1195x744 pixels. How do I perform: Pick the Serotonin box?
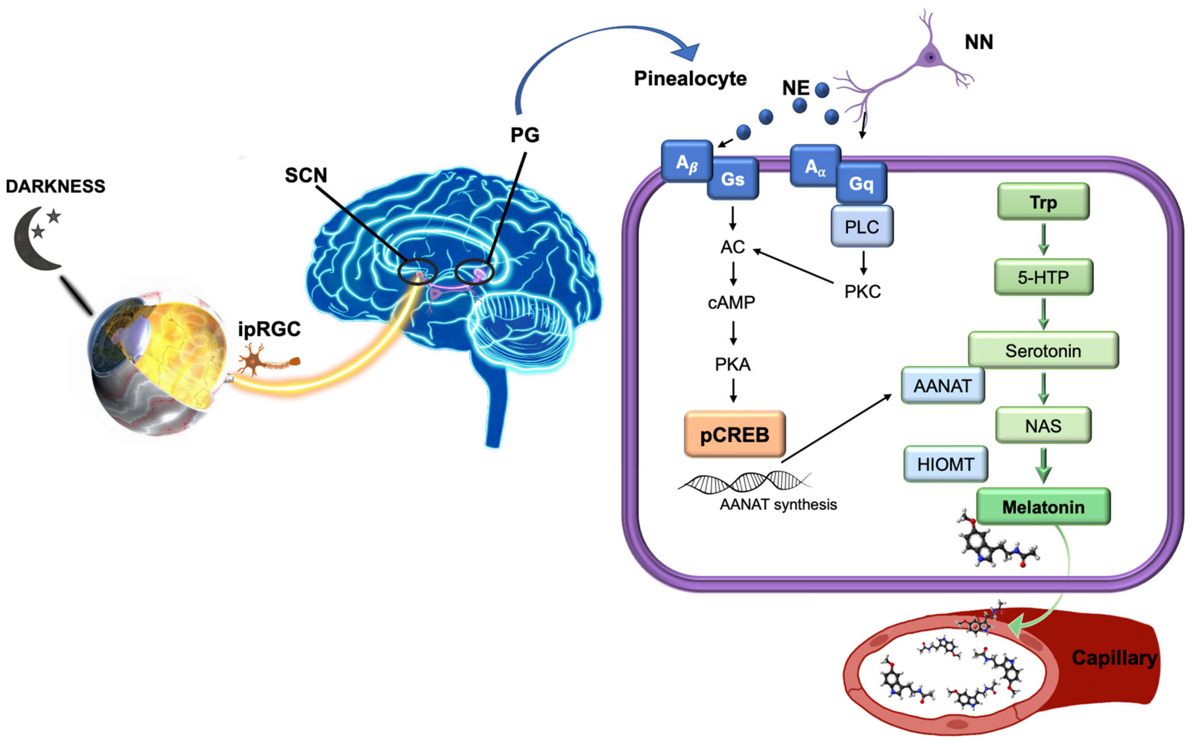(1043, 350)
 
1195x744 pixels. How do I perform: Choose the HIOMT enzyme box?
(945, 464)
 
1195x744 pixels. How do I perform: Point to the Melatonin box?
(1043, 507)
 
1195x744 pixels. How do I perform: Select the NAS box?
(1043, 425)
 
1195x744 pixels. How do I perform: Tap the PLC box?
(862, 226)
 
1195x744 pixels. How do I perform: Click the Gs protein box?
(733, 179)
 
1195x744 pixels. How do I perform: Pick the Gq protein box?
(861, 183)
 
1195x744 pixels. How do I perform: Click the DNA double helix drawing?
(744, 482)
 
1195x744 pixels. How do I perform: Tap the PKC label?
(862, 292)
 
